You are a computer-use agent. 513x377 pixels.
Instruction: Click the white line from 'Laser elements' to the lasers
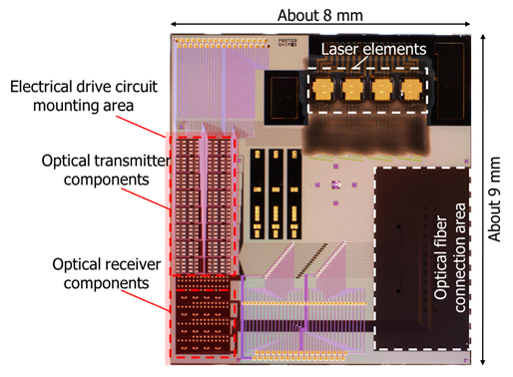(x=354, y=64)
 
